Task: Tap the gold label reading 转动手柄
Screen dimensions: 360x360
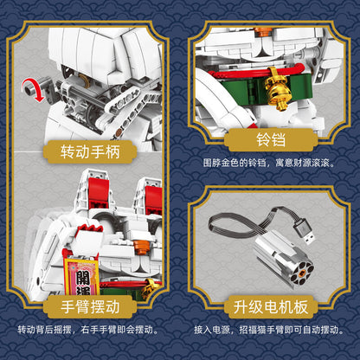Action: tap(90, 151)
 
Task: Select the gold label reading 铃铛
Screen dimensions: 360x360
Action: tap(271, 140)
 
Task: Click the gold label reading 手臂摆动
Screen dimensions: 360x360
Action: tap(90, 306)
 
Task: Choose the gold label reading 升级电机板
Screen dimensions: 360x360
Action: tap(271, 306)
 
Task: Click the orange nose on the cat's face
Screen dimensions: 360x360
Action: tap(141, 247)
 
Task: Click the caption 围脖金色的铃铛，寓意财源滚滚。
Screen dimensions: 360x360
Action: tap(269, 164)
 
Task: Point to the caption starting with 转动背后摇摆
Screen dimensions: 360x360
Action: tap(88, 330)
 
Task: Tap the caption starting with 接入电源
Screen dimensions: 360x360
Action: tap(269, 330)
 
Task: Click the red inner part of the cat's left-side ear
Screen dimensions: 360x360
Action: tap(99, 193)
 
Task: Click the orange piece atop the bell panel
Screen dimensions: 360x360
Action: tap(262, 31)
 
